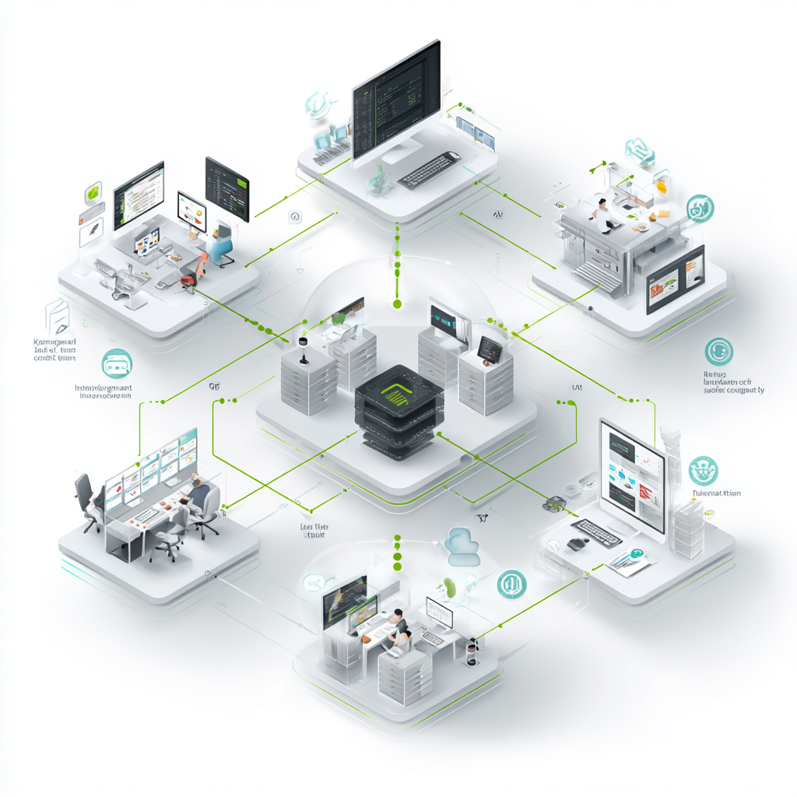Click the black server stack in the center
(398, 413)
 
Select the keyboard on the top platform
(427, 169)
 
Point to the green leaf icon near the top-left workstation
(93, 191)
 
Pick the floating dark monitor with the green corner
(226, 188)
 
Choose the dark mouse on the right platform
(577, 543)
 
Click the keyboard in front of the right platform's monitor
(597, 532)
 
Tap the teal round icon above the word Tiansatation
(703, 470)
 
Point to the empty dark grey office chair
(85, 498)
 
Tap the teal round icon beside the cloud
(511, 582)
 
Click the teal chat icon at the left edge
(117, 363)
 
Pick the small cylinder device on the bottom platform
(470, 652)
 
